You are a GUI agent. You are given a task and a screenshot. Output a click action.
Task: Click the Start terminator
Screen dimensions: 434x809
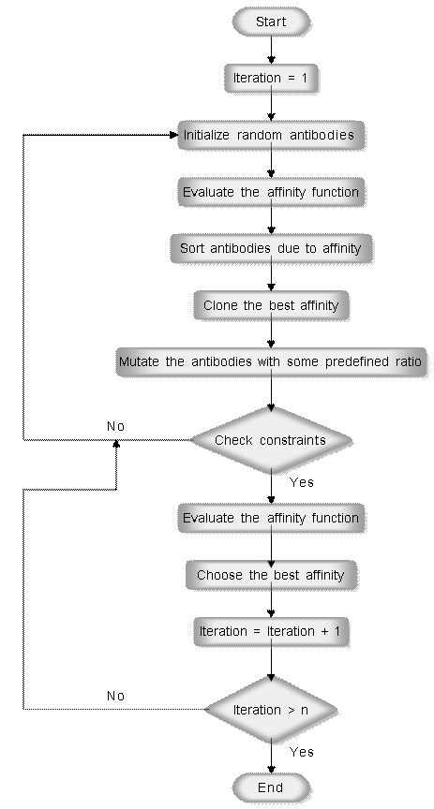click(271, 22)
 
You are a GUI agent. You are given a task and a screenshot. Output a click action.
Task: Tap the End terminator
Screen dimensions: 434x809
click(271, 787)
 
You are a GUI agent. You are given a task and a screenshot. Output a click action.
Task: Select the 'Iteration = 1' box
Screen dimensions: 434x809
click(271, 79)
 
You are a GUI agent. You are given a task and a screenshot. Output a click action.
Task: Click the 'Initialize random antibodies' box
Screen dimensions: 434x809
click(271, 135)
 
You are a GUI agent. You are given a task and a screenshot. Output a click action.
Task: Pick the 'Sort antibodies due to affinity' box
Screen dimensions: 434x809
click(271, 249)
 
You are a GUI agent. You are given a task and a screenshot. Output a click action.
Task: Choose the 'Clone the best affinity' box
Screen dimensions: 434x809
click(271, 305)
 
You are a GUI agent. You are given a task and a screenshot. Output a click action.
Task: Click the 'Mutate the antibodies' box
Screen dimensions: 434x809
click(271, 362)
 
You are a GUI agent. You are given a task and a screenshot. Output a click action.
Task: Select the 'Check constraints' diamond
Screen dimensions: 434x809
click(271, 440)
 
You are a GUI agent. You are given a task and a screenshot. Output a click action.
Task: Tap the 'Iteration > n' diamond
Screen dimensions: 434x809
click(271, 710)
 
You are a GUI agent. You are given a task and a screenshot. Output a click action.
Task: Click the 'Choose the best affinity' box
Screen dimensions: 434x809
click(271, 575)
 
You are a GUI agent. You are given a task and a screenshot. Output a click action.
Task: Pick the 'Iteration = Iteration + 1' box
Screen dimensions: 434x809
click(271, 632)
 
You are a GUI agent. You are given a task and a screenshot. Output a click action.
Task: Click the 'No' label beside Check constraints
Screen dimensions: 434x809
click(115, 426)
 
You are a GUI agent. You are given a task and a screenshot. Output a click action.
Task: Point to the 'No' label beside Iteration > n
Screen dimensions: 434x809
click(115, 696)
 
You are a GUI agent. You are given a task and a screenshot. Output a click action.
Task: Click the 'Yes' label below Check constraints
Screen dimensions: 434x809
click(301, 482)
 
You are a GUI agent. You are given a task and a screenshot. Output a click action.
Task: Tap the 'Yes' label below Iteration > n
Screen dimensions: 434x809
click(301, 752)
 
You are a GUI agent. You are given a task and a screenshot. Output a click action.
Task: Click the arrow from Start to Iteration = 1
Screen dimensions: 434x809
click(271, 50)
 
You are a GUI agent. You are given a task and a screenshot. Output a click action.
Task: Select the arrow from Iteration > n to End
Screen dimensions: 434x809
click(271, 759)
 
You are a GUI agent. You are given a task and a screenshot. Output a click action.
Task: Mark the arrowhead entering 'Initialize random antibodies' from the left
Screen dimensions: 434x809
click(174, 135)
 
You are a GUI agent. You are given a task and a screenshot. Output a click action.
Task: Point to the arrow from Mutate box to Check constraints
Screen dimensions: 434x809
click(271, 391)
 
